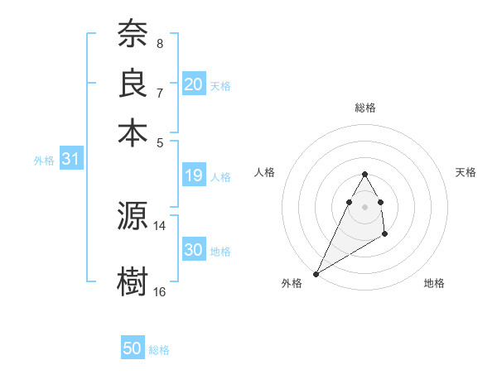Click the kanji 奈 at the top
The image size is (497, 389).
133,35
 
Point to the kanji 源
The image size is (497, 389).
133,217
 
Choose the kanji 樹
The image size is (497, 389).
133,280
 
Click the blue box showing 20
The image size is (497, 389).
194,84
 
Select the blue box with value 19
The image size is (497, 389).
194,175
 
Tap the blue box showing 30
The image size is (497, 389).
194,250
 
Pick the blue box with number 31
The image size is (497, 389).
70,160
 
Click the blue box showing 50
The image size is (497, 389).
133,348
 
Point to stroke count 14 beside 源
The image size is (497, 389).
160,225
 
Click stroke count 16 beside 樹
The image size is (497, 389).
160,291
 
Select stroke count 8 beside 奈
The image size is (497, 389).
159,43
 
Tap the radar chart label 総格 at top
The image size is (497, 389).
365,108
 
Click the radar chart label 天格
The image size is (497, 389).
466,172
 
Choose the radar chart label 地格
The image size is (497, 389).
434,283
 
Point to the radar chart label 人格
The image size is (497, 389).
265,172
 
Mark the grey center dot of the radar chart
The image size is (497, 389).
365,206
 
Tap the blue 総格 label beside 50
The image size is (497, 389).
159,350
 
